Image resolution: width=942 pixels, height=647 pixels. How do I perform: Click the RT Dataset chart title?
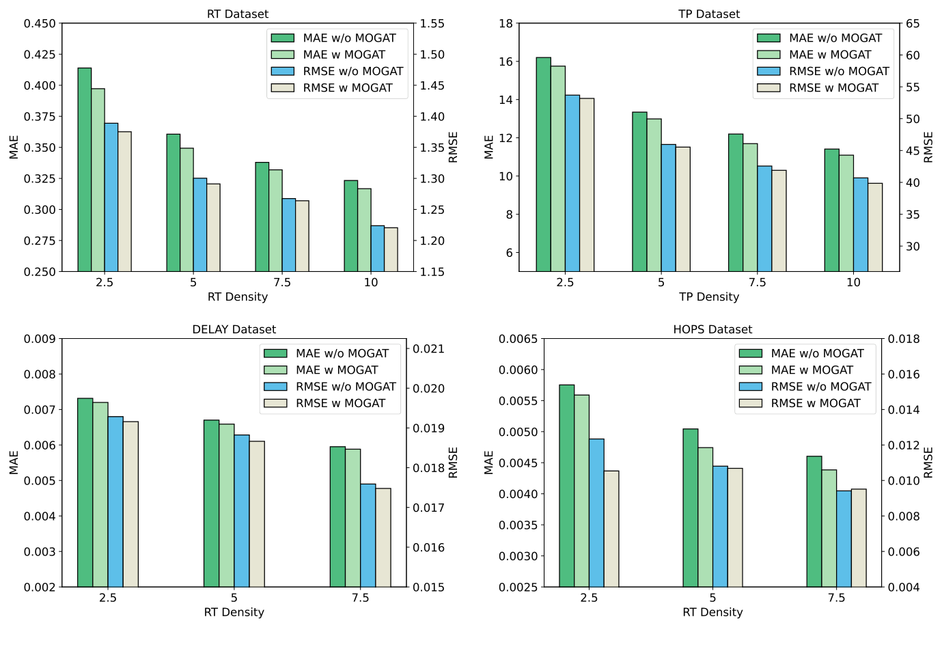pyautogui.click(x=238, y=14)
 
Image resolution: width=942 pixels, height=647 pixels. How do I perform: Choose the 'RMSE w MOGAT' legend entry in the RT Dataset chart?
pyautogui.click(x=348, y=87)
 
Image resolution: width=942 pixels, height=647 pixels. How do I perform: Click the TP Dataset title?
pyautogui.click(x=709, y=14)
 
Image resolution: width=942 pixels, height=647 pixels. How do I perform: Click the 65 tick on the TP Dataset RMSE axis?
pyautogui.click(x=913, y=24)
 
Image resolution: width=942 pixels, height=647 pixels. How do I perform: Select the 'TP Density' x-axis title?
pyautogui.click(x=709, y=297)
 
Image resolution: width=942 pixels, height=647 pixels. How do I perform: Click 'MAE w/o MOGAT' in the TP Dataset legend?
pyautogui.click(x=835, y=38)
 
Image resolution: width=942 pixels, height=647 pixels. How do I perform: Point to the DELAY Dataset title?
pyautogui.click(x=234, y=329)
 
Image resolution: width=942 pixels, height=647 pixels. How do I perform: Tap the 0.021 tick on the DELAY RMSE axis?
pyautogui.click(x=429, y=349)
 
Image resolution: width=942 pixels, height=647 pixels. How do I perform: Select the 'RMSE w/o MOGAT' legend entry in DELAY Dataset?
pyautogui.click(x=346, y=387)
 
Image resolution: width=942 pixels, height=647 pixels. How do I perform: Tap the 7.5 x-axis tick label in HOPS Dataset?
pyautogui.click(x=836, y=598)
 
